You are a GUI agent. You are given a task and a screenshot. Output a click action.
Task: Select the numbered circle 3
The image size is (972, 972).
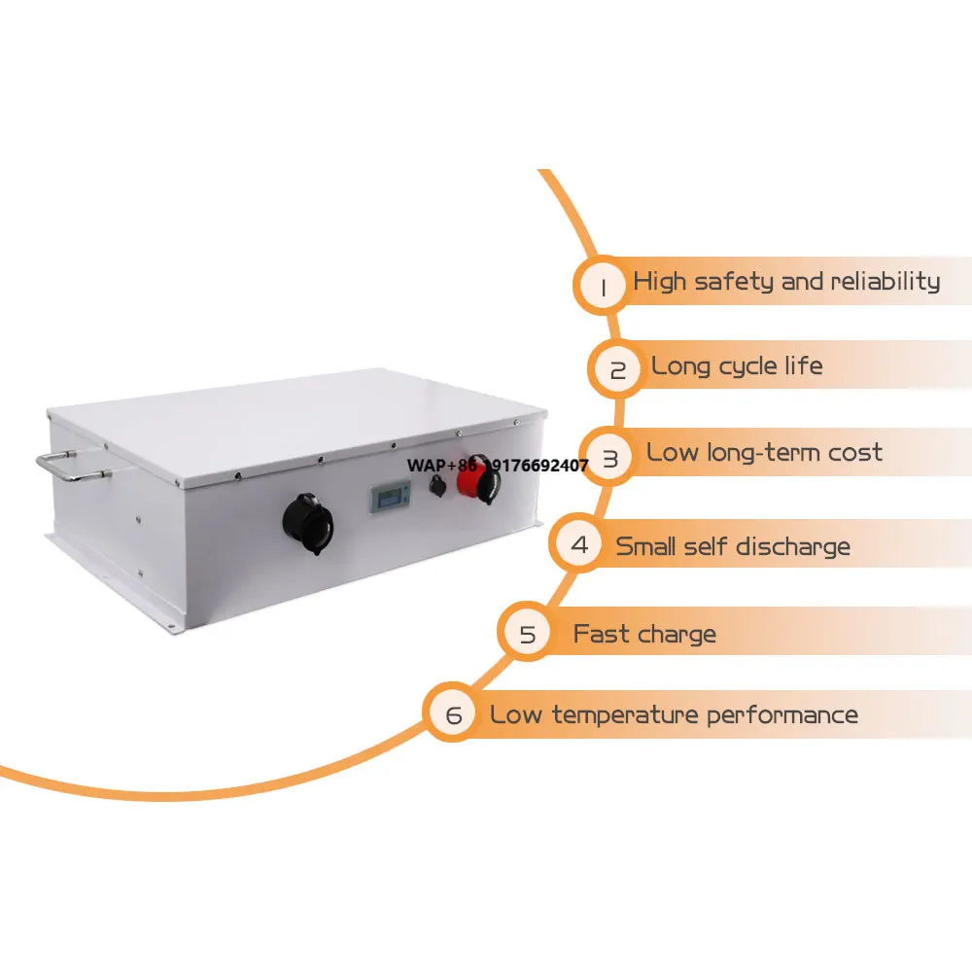(610, 458)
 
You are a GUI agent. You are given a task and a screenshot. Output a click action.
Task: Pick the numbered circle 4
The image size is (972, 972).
(580, 544)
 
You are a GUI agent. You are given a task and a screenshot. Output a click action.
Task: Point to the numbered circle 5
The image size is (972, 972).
(527, 635)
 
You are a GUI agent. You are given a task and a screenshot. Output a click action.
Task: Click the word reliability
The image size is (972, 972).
(885, 282)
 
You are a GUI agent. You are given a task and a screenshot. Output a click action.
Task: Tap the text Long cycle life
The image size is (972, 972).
(737, 366)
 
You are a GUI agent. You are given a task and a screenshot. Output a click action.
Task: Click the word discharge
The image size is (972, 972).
(791, 546)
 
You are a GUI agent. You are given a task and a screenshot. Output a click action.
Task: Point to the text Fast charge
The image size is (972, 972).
(644, 635)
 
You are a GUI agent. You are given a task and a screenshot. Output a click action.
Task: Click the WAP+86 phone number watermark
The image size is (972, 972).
(497, 466)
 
